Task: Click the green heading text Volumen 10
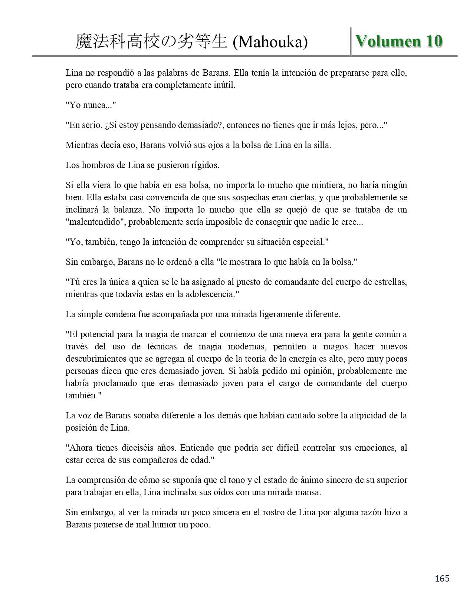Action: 399,41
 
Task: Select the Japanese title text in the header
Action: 151,42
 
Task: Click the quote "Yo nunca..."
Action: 91,105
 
